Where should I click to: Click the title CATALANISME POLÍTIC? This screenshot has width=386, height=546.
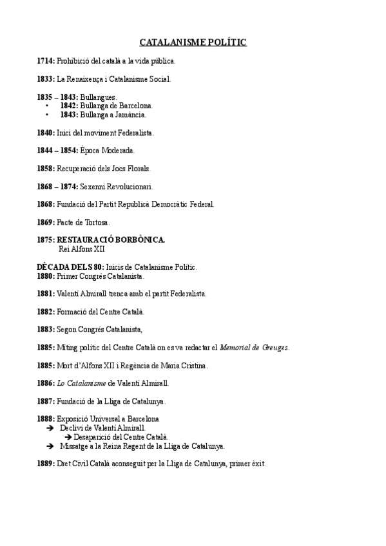(x=193, y=42)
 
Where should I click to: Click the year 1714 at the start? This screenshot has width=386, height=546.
(x=46, y=61)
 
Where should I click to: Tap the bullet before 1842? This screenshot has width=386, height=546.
(x=48, y=106)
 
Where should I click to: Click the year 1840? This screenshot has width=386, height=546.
(x=46, y=133)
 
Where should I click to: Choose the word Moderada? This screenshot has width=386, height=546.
(x=117, y=151)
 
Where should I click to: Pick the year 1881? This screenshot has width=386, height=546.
(x=46, y=294)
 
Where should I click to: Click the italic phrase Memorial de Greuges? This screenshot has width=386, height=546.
(x=255, y=348)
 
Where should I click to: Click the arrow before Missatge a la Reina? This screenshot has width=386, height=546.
(x=50, y=446)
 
